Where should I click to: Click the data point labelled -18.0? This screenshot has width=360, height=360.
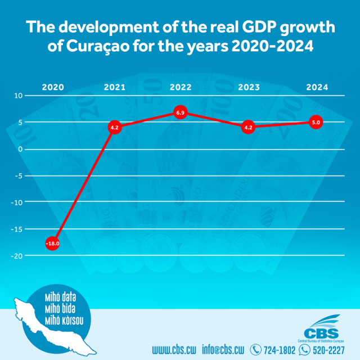coord(52,244)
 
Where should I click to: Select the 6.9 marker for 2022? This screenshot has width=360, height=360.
coord(181,113)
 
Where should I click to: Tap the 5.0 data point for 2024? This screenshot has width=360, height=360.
coord(317,123)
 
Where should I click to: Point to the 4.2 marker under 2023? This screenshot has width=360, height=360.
coord(248,128)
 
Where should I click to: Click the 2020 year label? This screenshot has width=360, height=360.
coord(53,88)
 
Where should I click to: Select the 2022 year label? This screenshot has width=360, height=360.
coord(181,88)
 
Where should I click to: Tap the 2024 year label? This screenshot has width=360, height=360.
coord(317,88)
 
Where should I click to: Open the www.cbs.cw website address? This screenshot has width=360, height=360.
coord(174,350)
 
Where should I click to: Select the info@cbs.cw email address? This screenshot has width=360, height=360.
coord(223,350)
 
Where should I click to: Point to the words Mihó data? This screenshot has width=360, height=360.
coord(59,296)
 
